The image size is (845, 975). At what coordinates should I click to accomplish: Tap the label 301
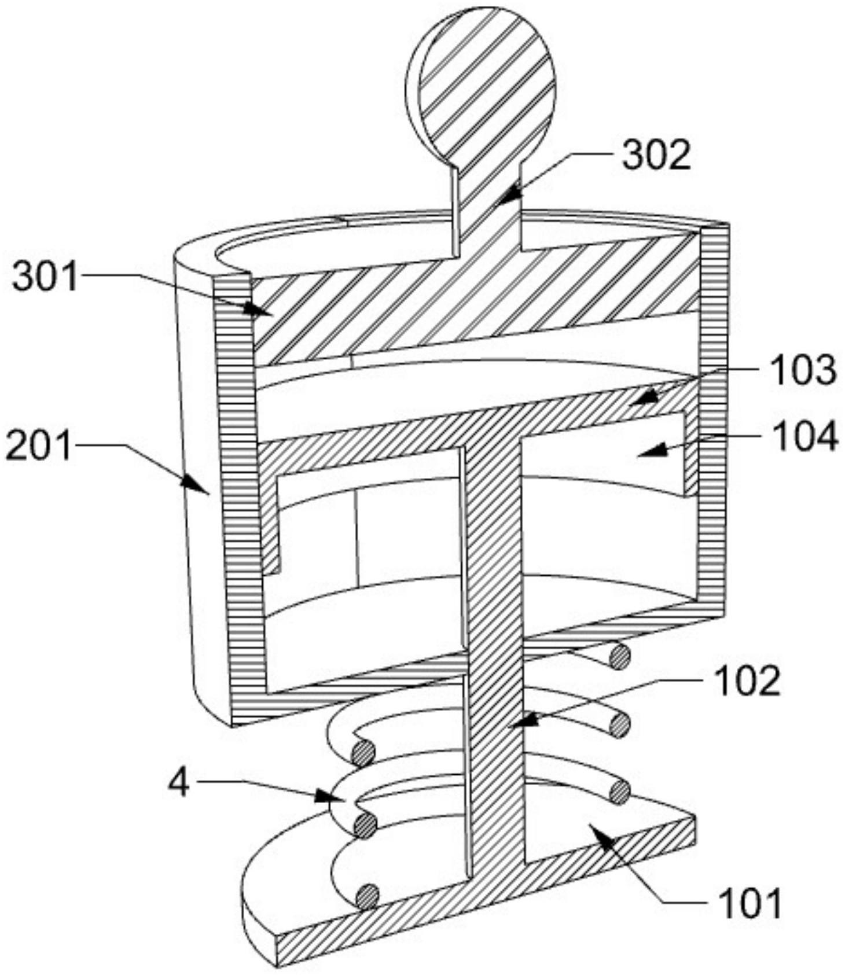[46, 277]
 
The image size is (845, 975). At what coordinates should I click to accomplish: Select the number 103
[803, 370]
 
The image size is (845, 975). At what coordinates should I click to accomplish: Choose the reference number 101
[750, 902]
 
